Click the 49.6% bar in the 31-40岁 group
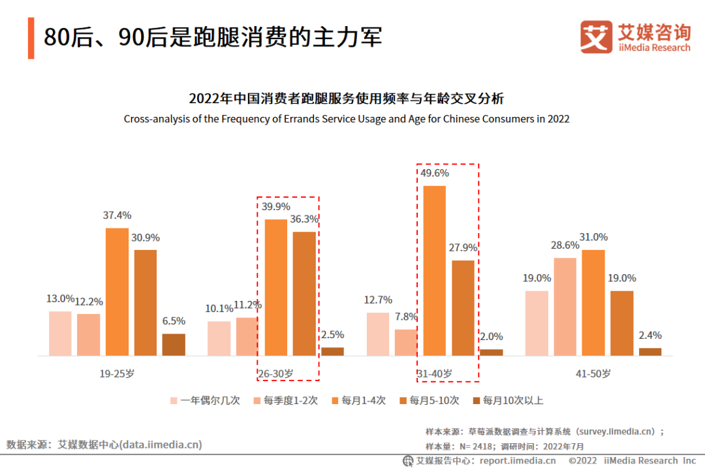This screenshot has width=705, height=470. point(435,270)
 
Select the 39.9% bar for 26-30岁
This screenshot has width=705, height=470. point(275,287)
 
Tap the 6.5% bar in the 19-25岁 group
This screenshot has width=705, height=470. point(174,345)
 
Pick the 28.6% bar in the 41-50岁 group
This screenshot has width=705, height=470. point(565,307)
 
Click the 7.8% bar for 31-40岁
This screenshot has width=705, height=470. point(406,342)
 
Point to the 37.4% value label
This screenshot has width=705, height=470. point(117,215)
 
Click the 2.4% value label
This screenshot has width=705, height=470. point(650,336)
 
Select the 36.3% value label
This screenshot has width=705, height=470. point(304,219)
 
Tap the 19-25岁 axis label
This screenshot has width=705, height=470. point(117,374)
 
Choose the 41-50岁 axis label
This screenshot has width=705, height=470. point(593,374)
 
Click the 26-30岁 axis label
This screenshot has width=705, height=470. point(275,374)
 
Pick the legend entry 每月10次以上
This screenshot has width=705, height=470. point(507,401)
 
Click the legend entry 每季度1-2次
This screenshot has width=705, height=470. point(285,401)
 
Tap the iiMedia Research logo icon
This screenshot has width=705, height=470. point(596,37)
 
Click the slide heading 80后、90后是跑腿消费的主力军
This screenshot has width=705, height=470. point(213,37)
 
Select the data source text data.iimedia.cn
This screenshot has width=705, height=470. point(104,445)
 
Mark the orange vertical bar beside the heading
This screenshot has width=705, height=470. point(31,38)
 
